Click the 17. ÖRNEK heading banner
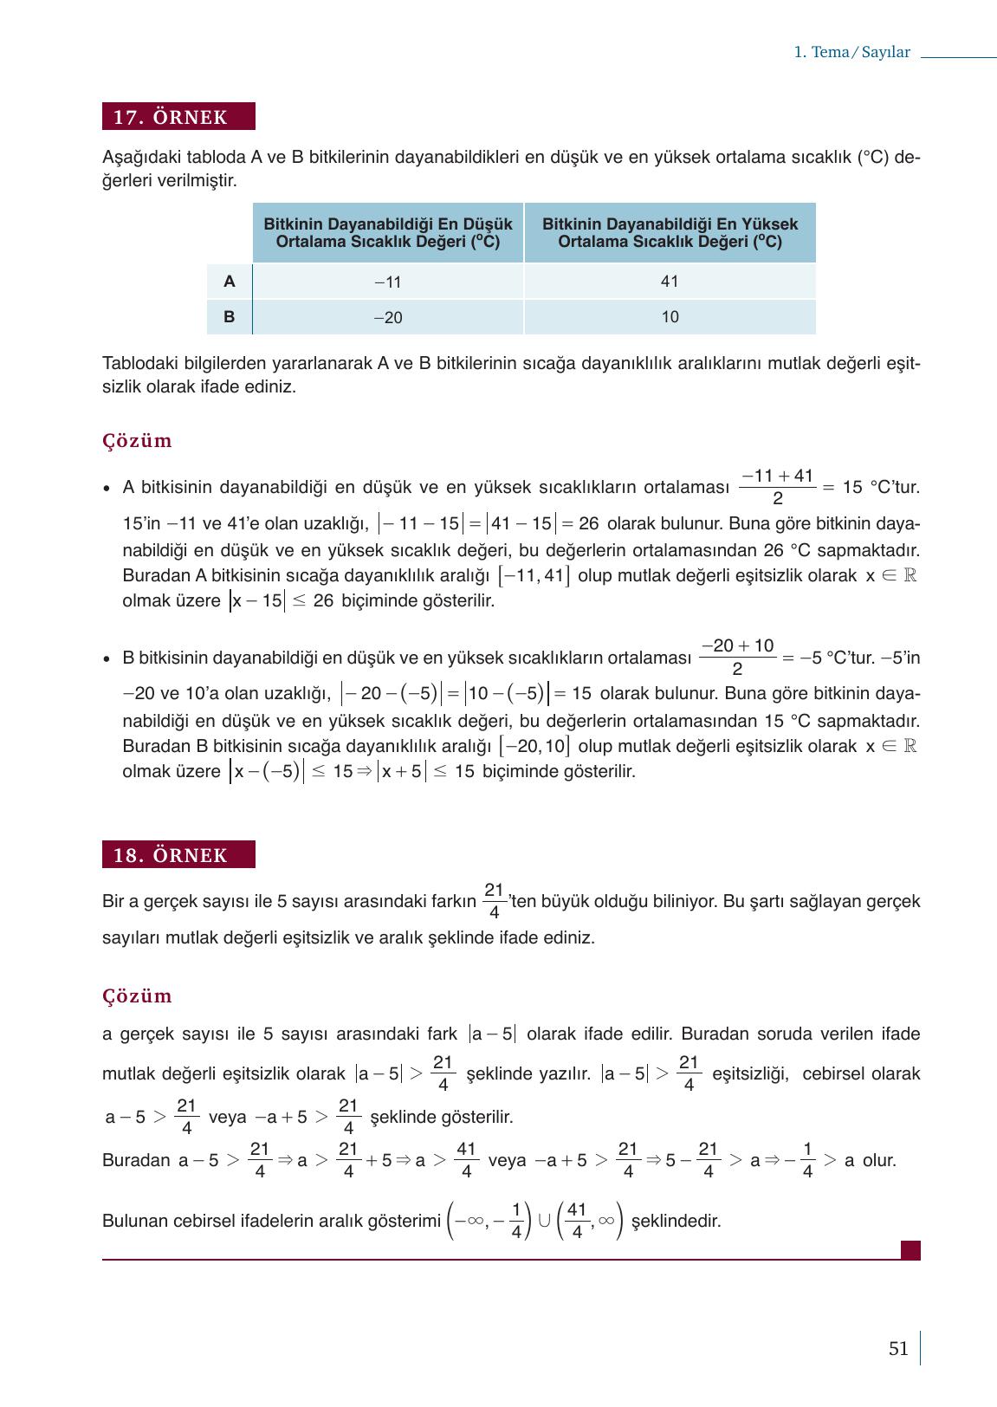(178, 117)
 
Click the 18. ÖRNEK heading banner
(178, 855)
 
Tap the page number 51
(898, 1349)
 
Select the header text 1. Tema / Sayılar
(851, 53)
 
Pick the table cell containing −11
(388, 282)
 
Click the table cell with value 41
(670, 282)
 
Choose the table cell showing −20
(388, 318)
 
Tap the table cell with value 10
(670, 317)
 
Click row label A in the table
(230, 282)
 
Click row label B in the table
(230, 317)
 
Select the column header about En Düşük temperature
(388, 233)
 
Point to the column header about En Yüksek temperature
(670, 233)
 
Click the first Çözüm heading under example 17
(137, 441)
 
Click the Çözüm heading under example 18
(137, 996)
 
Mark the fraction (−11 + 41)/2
(777, 487)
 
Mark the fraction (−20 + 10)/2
(737, 658)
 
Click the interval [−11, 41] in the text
(534, 576)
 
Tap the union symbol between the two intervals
(544, 1220)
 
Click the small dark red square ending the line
(910, 1250)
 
